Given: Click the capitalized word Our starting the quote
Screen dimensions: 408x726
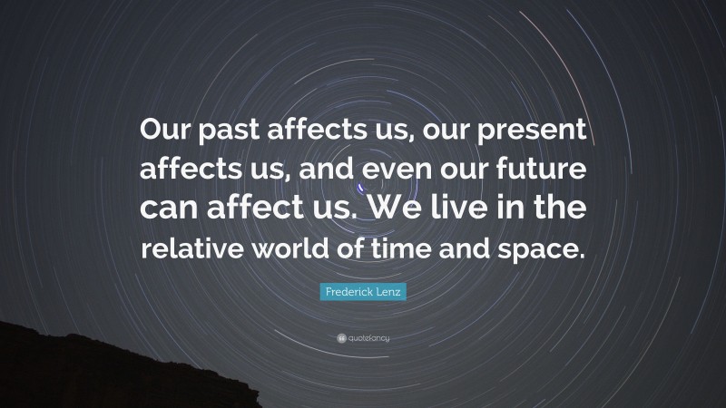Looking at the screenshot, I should (x=163, y=134).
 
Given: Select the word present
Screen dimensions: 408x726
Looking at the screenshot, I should (x=526, y=134).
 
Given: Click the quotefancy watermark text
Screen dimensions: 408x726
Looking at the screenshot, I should (x=368, y=338).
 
